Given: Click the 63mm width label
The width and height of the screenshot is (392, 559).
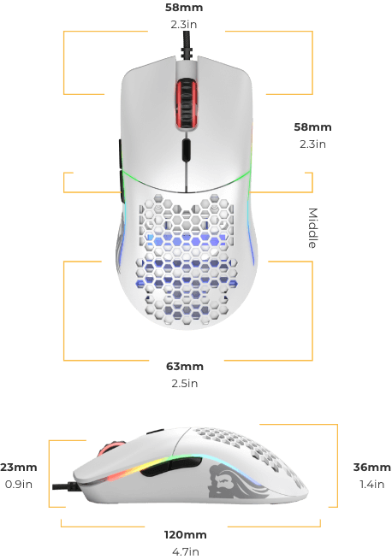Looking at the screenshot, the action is click(185, 367).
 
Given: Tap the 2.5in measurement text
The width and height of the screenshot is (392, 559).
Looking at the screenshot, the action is click(185, 383).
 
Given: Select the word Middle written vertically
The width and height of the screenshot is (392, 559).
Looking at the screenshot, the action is click(312, 228).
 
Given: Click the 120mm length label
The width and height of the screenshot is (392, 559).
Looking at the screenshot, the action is click(185, 535).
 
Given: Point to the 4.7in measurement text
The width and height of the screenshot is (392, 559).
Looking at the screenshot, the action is click(185, 551).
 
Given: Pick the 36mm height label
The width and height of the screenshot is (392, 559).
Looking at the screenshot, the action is click(372, 467).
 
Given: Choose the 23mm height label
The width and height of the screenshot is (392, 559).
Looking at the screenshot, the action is click(19, 467).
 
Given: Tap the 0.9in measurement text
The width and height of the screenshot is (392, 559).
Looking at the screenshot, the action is click(19, 484).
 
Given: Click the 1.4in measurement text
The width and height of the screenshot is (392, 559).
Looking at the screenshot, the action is click(372, 484).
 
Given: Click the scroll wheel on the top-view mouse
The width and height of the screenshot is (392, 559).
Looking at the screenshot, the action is click(186, 103).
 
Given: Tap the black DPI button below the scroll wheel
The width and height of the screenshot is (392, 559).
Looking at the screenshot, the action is click(186, 150).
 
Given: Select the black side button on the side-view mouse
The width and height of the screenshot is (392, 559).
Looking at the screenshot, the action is click(171, 467).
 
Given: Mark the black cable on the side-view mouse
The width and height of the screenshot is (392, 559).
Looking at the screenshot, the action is click(65, 486).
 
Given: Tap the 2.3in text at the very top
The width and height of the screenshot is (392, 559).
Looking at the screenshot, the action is click(184, 24).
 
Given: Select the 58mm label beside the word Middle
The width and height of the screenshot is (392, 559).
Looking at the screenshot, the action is click(312, 127).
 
